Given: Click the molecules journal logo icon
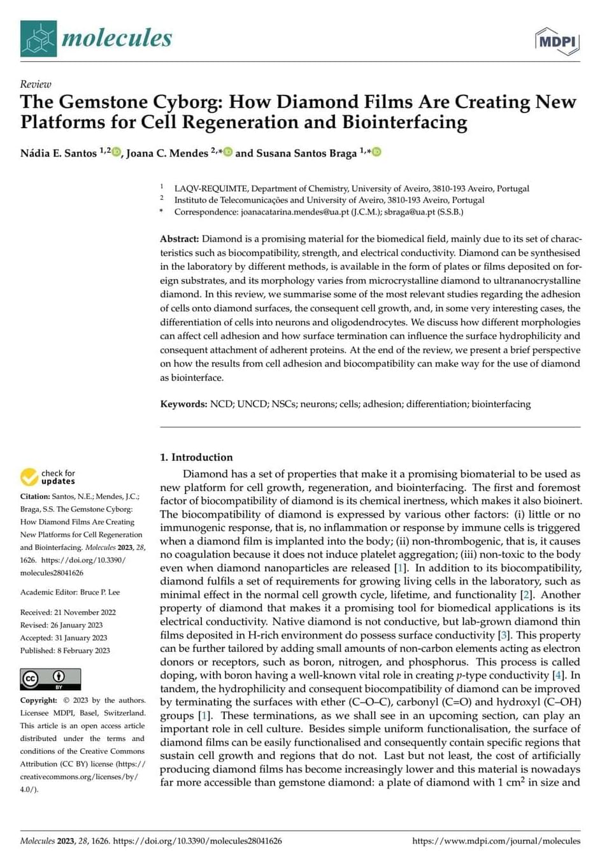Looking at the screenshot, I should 38,38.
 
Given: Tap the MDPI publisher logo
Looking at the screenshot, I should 557,42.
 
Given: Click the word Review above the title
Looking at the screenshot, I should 36,84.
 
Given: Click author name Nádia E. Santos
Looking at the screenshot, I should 59,153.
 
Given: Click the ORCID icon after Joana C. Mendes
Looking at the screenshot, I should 228,152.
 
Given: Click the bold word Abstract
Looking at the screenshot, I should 179,239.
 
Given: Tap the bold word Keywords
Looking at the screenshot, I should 183,404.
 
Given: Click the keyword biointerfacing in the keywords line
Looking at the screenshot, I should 501,404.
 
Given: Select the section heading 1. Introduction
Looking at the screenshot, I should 196,457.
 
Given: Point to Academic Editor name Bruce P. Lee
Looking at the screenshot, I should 100,592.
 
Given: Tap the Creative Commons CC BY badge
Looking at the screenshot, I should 50,679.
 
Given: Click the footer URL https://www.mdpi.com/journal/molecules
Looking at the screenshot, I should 496,841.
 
